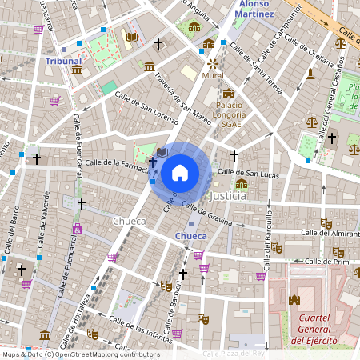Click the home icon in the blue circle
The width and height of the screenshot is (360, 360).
[180, 172]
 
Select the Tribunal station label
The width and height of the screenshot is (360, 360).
[64, 61]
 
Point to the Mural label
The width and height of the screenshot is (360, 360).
[213, 75]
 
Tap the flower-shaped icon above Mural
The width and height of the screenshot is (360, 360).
[213, 62]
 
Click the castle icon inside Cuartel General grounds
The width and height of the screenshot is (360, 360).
[294, 300]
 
